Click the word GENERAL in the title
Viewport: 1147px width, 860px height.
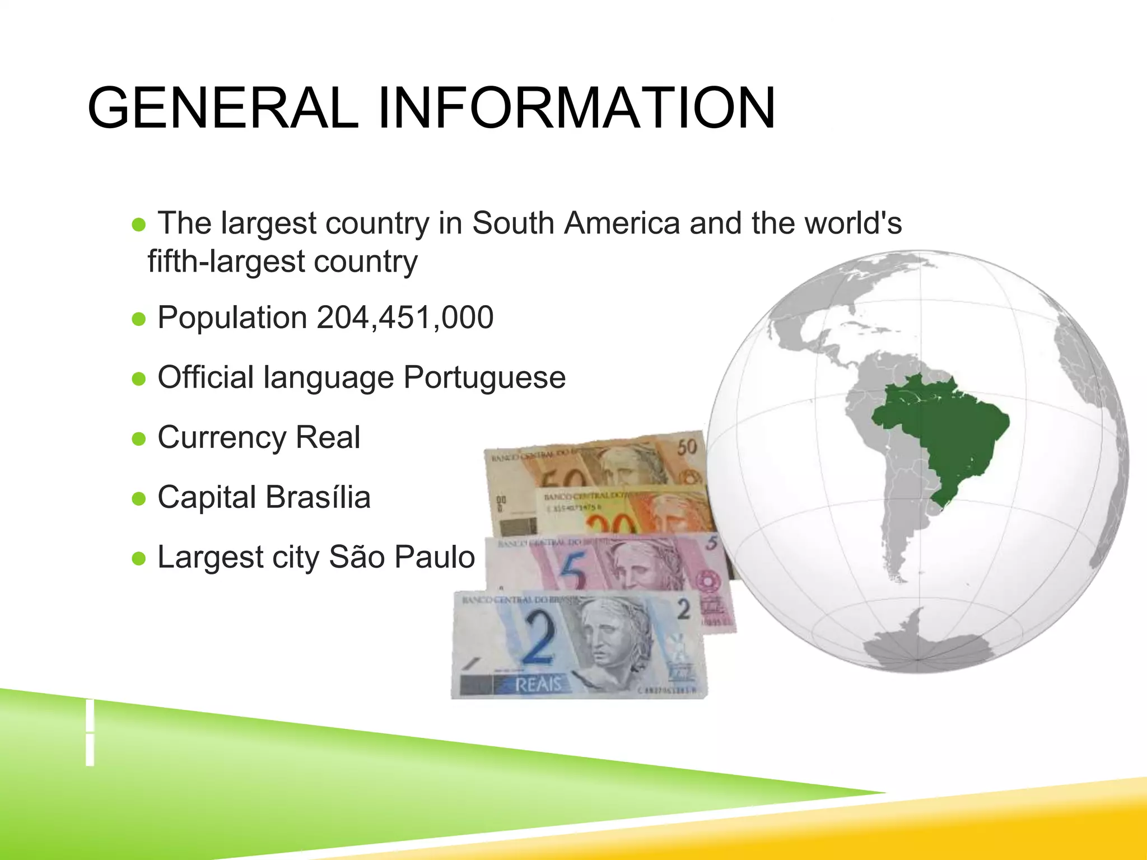pyautogui.click(x=222, y=108)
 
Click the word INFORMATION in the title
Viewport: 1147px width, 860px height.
pyautogui.click(x=577, y=108)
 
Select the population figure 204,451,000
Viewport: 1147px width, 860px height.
pyautogui.click(x=405, y=317)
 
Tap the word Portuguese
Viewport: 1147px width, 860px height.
pyautogui.click(x=484, y=377)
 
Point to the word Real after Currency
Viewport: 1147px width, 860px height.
pyautogui.click(x=328, y=437)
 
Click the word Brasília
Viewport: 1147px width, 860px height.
pyautogui.click(x=318, y=497)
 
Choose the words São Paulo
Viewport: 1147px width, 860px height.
pyautogui.click(x=402, y=557)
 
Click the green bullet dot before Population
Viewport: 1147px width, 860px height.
pyautogui.click(x=138, y=319)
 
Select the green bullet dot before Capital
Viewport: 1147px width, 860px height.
pyautogui.click(x=138, y=498)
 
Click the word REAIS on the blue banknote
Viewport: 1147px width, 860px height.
pyautogui.click(x=538, y=684)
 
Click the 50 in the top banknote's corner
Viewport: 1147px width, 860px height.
pyautogui.click(x=687, y=447)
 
